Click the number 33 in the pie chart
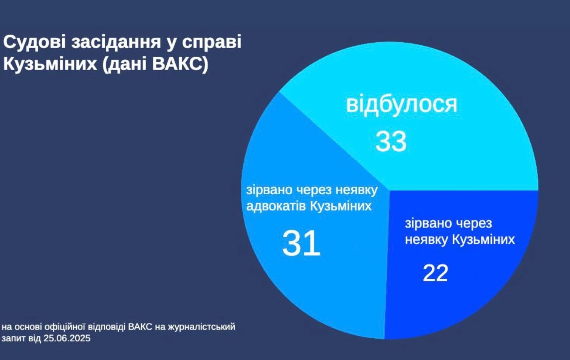pyautogui.click(x=391, y=141)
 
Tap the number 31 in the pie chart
pyautogui.click(x=301, y=243)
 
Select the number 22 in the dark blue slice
pyautogui.click(x=435, y=273)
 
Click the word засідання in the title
pyautogui.click(x=116, y=42)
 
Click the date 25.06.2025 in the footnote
pyautogui.click(x=67, y=338)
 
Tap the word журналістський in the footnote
pyautogui.click(x=201, y=327)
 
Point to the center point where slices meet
pyautogui.click(x=389, y=190)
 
